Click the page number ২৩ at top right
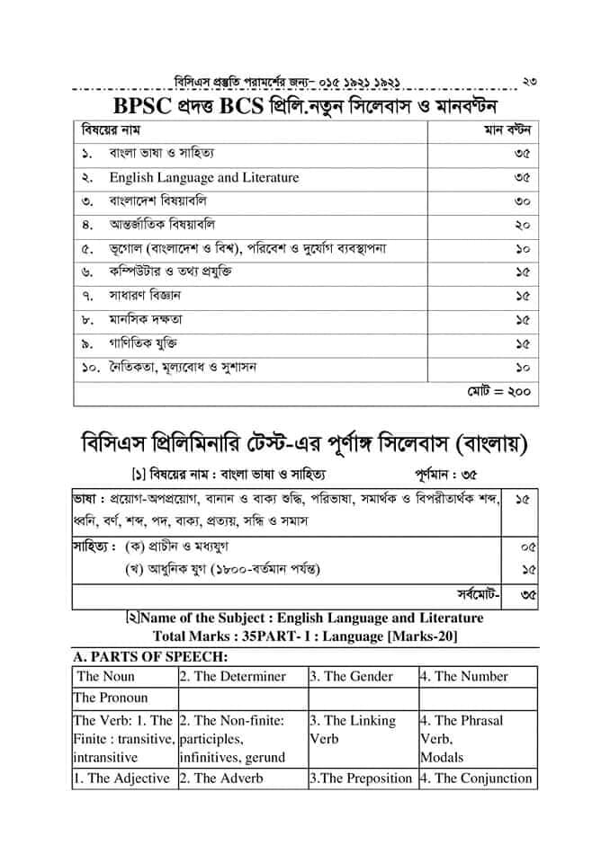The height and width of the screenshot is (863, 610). coord(529,83)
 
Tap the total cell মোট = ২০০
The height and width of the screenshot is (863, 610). coord(498,392)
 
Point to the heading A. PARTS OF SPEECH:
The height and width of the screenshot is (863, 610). coord(137,657)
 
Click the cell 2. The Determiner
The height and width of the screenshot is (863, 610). coord(232,676)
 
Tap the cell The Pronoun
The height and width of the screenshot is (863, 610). coord(111,698)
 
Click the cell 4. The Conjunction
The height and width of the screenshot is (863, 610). coord(476,778)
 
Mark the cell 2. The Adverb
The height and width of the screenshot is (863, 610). coord(220,778)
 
